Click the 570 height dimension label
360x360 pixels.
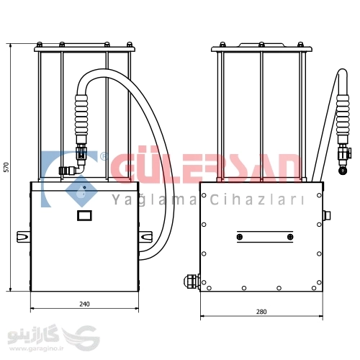click(6, 167)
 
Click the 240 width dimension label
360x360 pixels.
click(84, 304)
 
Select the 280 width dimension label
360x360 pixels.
click(261, 312)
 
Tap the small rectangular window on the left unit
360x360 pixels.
click(84, 215)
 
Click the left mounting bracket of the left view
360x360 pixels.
click(23, 237)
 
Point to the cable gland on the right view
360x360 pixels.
click(192, 282)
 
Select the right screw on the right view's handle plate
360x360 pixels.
click(290, 237)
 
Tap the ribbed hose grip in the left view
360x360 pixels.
click(81, 114)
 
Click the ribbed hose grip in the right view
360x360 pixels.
click(343, 114)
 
